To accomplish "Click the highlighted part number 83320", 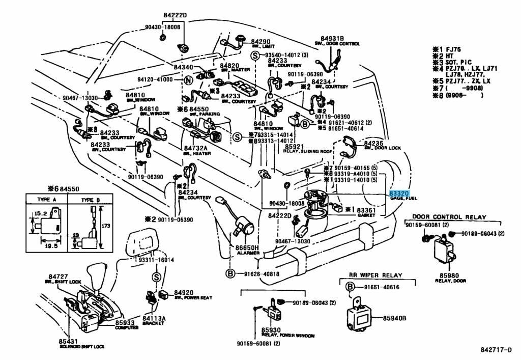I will pyautogui.click(x=399, y=193).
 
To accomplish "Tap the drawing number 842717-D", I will pyautogui.click(x=496, y=350).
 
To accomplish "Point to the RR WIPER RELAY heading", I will pyautogui.click(x=375, y=275).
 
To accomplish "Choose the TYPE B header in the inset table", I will pyautogui.click(x=91, y=200).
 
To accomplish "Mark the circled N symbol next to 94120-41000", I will pyautogui.click(x=188, y=80).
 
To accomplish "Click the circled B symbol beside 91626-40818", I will pyautogui.click(x=230, y=273).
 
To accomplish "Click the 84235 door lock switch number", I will pyautogui.click(x=374, y=144).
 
